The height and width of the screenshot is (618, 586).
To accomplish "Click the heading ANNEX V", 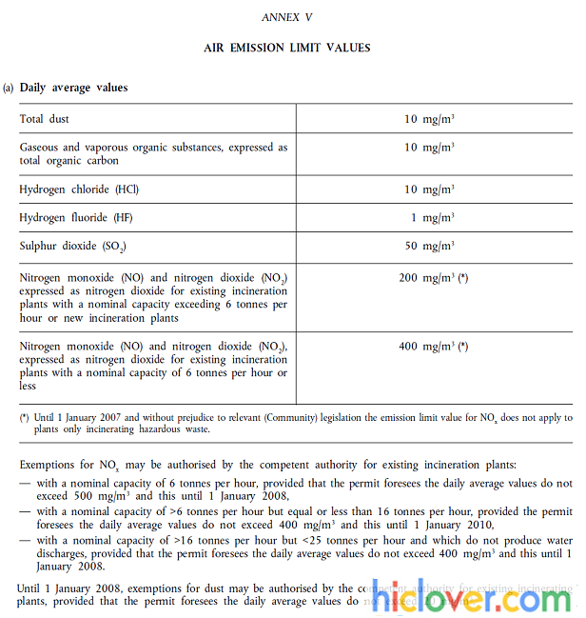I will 287,17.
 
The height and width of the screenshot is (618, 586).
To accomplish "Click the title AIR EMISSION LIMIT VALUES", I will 287,48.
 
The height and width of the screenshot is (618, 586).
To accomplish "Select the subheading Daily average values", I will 73,88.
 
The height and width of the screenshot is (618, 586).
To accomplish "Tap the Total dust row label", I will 45,119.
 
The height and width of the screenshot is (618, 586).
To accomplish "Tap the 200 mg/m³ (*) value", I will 433,278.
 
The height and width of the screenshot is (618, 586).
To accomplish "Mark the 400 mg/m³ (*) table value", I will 433,347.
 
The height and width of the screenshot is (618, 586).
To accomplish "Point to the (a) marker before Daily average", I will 9,88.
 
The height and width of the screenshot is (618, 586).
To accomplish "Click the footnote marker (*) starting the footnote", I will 24,418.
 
